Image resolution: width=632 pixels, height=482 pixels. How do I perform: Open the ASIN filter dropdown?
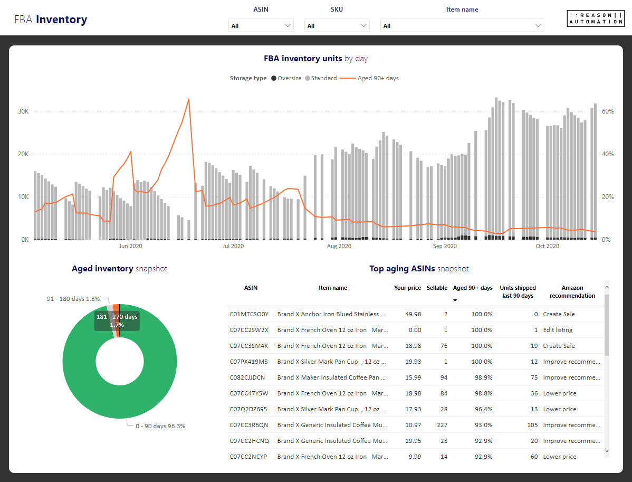click(261, 25)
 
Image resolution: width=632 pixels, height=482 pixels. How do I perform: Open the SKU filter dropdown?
click(337, 25)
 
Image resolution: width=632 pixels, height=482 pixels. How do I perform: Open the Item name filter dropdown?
click(462, 25)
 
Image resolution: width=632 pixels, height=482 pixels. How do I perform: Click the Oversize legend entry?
click(286, 78)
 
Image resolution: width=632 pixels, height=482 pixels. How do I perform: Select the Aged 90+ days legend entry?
click(370, 78)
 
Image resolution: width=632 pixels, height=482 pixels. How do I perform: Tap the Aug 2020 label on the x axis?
click(339, 246)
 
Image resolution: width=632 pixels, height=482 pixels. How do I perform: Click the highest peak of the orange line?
click(189, 99)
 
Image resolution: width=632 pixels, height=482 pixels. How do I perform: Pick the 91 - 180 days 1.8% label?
click(73, 299)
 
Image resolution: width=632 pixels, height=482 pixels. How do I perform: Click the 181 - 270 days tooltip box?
click(117, 320)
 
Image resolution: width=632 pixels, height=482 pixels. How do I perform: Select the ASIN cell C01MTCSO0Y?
click(249, 314)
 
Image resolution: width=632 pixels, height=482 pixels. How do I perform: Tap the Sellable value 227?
click(442, 425)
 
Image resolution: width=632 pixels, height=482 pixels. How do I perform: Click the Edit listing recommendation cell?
click(558, 330)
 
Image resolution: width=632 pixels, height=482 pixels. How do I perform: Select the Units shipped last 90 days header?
click(518, 291)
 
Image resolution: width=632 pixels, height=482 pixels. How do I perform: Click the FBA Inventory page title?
click(51, 20)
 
